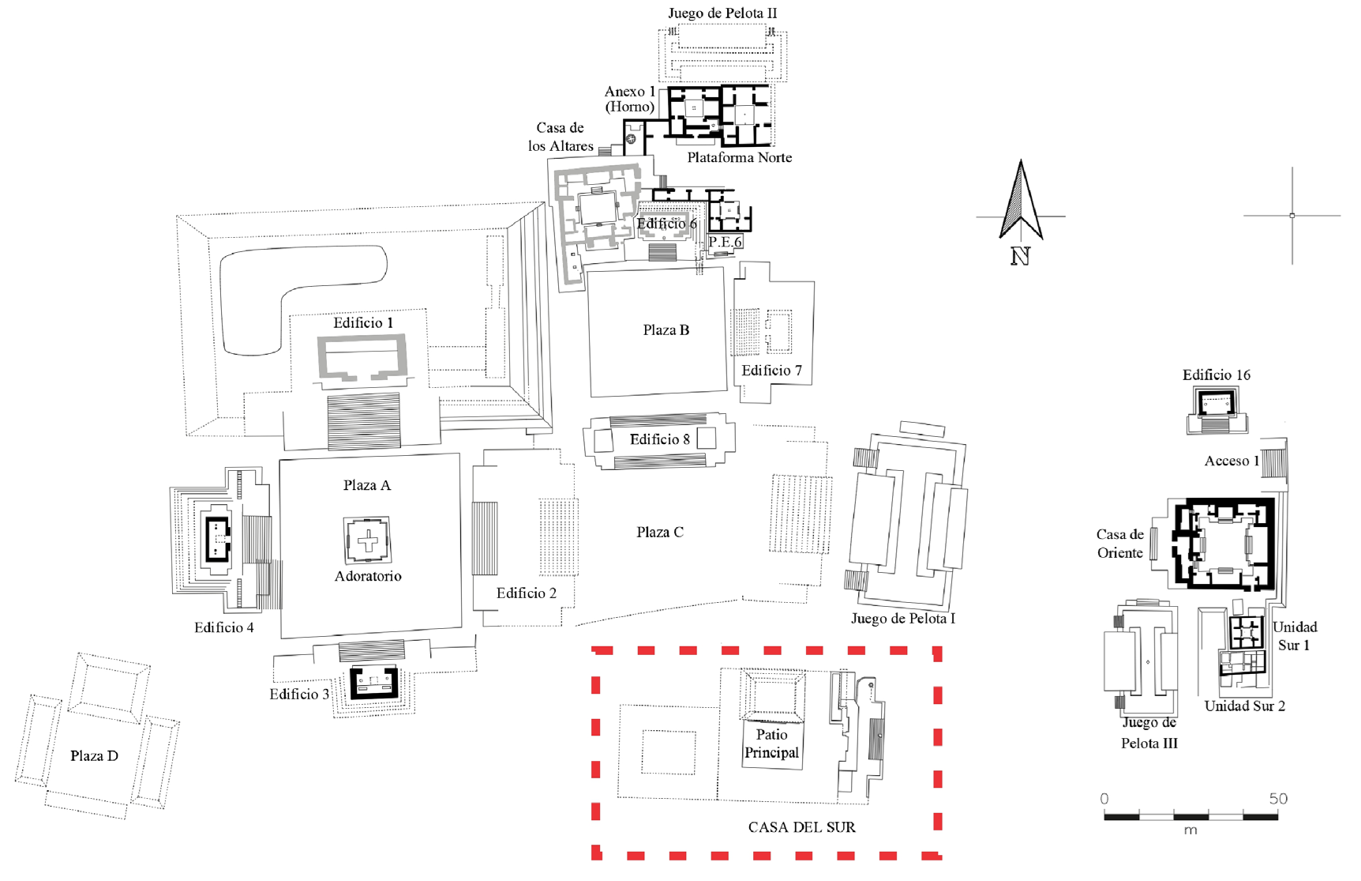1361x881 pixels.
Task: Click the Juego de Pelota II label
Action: click(722, 13)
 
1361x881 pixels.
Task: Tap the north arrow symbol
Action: click(1021, 201)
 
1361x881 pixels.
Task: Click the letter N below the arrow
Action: click(1020, 256)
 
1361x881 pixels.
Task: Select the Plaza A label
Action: click(366, 485)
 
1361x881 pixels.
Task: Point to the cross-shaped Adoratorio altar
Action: click(368, 541)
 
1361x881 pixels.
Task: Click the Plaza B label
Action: click(666, 330)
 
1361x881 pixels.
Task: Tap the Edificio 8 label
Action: click(659, 439)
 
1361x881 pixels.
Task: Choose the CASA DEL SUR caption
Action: click(801, 827)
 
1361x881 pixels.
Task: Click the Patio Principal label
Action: click(771, 744)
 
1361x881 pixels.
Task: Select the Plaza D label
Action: click(94, 756)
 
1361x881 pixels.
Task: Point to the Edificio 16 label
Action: click(1216, 375)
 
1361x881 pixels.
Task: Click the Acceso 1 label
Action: click(1232, 461)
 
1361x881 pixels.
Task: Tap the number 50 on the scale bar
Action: click(1278, 799)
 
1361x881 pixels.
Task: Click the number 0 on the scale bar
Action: click(1104, 799)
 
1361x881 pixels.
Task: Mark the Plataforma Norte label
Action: click(739, 157)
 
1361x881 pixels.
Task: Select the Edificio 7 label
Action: click(771, 371)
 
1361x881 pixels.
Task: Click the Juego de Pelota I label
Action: click(902, 619)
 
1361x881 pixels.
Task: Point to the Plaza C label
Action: click(659, 533)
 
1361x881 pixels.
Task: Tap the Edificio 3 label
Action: click(299, 695)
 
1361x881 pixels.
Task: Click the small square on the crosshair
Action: click(1292, 215)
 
